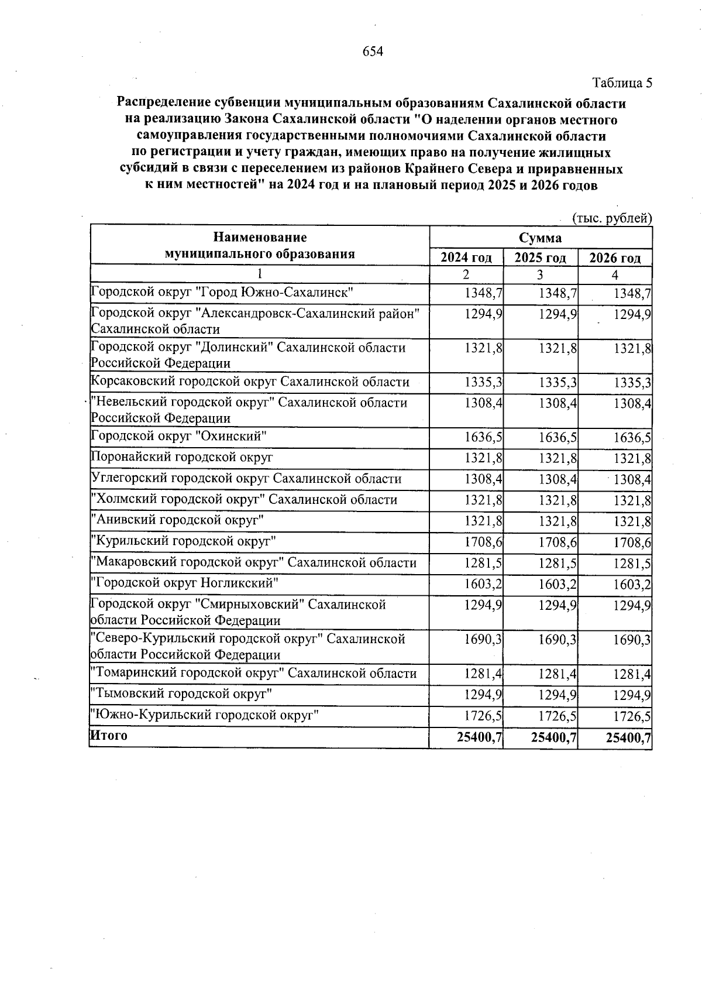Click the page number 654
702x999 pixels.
point(373,52)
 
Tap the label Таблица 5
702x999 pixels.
point(622,83)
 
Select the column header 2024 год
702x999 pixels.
point(466,258)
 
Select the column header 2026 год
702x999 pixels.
point(615,258)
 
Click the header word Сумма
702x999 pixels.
point(540,238)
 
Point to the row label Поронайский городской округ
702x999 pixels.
point(183,457)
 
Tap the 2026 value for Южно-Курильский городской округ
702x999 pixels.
point(632,716)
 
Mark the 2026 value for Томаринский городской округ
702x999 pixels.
point(632,674)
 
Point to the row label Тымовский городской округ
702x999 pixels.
point(183,694)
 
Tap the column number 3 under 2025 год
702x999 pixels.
point(540,274)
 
